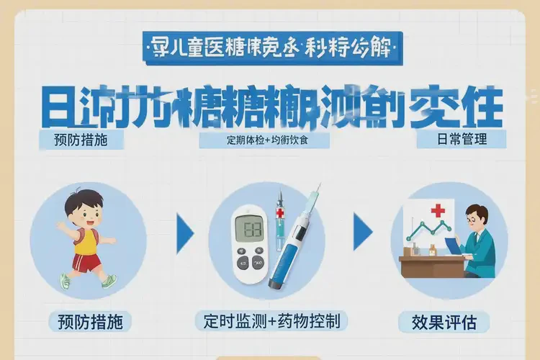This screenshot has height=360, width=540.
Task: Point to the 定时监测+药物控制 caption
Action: pyautogui.click(x=267, y=320)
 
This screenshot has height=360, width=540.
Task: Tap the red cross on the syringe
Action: pyautogui.click(x=280, y=215)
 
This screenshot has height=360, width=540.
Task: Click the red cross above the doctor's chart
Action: pyautogui.click(x=438, y=211)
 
